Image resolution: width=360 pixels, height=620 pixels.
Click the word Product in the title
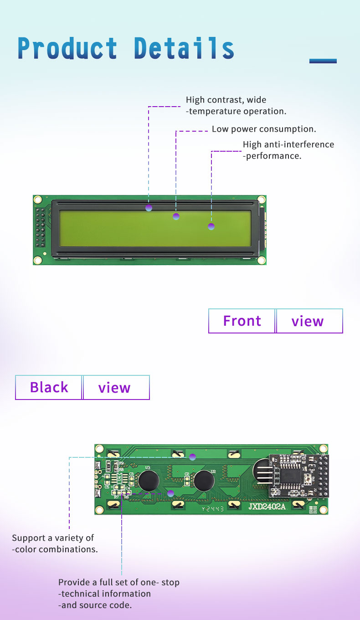(x=67, y=48)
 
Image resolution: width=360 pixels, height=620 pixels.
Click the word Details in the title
(x=184, y=48)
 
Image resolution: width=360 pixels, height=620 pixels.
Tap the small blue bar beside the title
(x=323, y=61)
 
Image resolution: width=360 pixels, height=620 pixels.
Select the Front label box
(x=242, y=321)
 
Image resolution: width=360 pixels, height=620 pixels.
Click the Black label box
(x=49, y=387)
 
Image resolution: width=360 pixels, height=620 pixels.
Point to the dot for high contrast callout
(x=149, y=208)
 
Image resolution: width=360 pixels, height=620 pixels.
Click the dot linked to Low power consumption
(x=176, y=216)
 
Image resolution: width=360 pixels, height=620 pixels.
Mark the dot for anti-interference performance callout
(x=211, y=226)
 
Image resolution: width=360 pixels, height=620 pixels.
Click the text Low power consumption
(x=264, y=129)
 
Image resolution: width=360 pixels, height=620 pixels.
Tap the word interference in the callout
(x=309, y=144)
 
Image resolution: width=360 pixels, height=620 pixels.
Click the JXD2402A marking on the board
(x=267, y=507)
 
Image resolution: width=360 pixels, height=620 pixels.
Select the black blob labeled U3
(x=149, y=481)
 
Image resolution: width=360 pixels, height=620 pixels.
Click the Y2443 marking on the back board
(x=213, y=509)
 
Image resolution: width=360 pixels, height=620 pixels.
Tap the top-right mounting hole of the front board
(x=261, y=200)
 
